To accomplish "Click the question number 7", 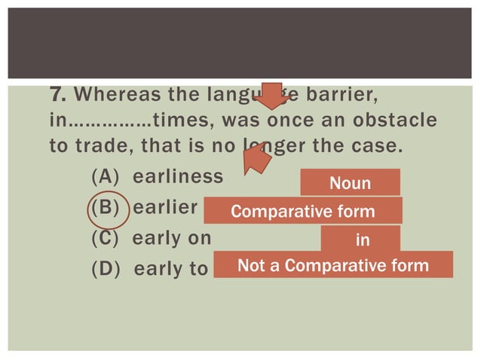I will point(57,96).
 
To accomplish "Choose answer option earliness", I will point(178,177).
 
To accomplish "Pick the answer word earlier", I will point(165,207).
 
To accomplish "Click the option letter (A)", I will point(107,177).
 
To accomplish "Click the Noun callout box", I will point(350,183).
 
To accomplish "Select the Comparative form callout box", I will point(303,211).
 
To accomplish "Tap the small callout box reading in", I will point(360,239).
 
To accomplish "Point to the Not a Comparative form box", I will point(333,265).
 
